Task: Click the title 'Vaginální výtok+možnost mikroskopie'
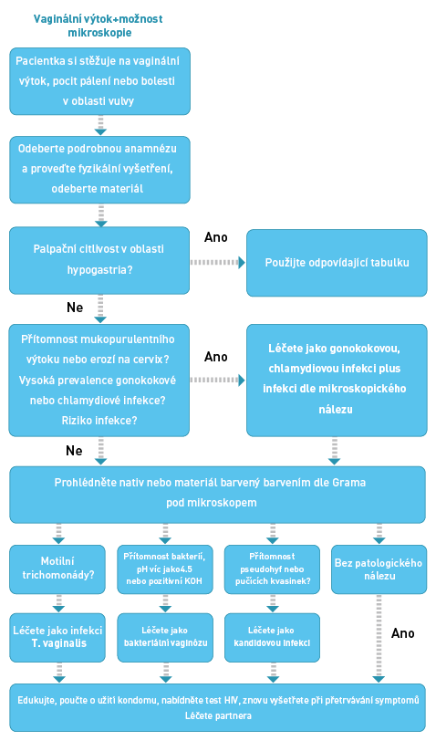pos(99,26)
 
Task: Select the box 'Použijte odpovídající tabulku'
pos(337,263)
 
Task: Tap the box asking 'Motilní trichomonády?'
pos(57,569)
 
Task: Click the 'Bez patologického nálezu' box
pos(379,569)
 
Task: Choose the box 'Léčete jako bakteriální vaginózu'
pos(165,637)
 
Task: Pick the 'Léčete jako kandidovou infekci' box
pos(272,637)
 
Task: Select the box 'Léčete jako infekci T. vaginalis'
pos(57,637)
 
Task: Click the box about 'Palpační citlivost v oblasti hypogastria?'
pos(99,260)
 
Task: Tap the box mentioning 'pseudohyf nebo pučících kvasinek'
pos(272,569)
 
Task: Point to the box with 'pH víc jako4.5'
pos(165,569)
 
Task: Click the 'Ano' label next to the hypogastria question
pos(216,237)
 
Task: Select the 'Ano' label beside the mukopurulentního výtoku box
pos(216,357)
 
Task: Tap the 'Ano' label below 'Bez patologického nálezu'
pos(403,633)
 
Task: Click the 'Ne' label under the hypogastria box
pos(75,308)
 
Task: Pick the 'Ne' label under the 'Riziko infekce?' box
pos(74,451)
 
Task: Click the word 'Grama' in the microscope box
pos(349,483)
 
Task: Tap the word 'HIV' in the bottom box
pos(231,700)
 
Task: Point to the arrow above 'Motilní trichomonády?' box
pos(58,534)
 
